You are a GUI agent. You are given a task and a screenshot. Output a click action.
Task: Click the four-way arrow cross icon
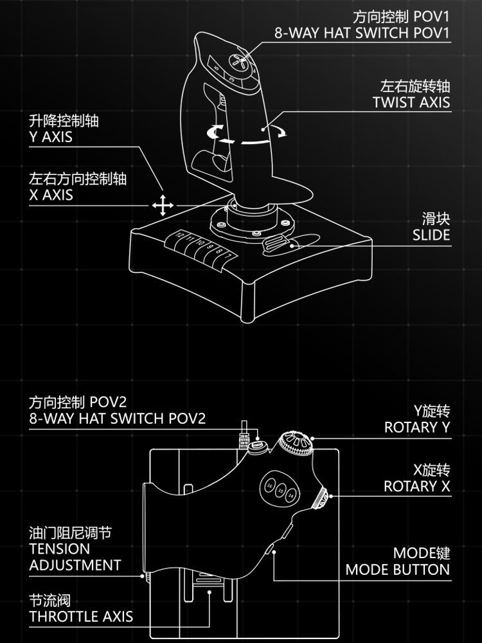(x=163, y=206)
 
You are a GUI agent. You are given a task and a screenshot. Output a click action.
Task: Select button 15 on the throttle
(x=280, y=491)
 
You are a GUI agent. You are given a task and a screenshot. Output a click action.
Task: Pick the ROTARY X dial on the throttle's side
(x=321, y=498)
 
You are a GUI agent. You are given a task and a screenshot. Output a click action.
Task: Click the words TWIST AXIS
(x=411, y=102)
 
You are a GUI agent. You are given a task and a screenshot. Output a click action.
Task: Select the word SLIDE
(x=431, y=235)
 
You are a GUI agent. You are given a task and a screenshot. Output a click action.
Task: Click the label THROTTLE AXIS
(x=81, y=616)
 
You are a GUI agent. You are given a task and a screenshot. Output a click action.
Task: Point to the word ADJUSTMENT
(x=75, y=565)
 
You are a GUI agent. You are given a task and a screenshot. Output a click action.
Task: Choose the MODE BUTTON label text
(x=397, y=569)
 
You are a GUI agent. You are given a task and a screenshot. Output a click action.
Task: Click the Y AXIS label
(x=51, y=137)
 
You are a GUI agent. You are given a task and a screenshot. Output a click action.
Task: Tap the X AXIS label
(x=51, y=195)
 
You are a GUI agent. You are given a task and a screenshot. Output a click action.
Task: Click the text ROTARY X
(x=417, y=486)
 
